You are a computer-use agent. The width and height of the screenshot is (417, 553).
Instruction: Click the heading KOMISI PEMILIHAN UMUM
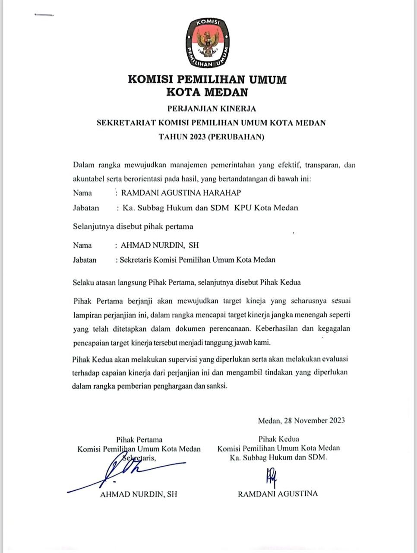click(207, 79)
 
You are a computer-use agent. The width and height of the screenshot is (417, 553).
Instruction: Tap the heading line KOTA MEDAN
click(207, 92)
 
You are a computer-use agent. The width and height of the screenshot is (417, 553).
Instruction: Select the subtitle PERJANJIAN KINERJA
click(212, 108)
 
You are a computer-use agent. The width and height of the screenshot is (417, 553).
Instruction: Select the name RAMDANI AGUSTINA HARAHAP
click(181, 193)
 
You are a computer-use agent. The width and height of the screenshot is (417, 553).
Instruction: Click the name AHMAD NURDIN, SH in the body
click(160, 245)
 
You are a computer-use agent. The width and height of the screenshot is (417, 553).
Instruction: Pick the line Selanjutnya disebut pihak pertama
click(133, 226)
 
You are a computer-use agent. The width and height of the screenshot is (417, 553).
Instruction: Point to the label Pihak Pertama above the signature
click(139, 440)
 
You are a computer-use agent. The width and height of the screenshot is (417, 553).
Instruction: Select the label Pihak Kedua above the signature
click(278, 439)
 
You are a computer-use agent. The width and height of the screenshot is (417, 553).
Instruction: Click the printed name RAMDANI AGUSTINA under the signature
click(278, 493)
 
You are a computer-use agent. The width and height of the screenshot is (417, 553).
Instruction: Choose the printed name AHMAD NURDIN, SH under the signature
click(139, 494)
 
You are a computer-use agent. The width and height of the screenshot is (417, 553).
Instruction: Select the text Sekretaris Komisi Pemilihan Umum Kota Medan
click(198, 260)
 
